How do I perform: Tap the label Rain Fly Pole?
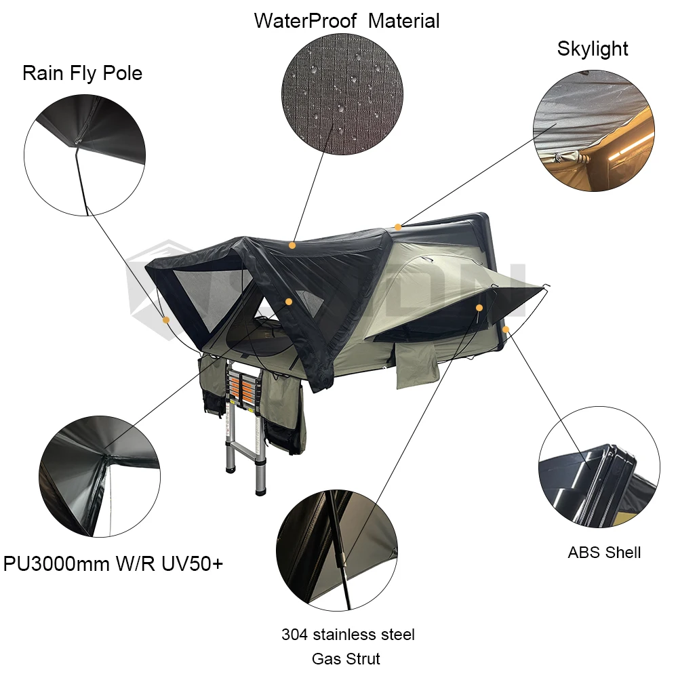(82, 73)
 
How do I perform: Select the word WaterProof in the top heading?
(305, 21)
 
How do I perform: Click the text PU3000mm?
(57, 563)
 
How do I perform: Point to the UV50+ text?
(193, 563)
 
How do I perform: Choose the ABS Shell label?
(604, 553)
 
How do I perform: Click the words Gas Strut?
(346, 659)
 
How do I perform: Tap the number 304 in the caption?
(294, 635)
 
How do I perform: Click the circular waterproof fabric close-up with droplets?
(342, 94)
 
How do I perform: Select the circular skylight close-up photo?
(594, 131)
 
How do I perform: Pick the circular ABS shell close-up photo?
(599, 467)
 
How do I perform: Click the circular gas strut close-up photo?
(337, 550)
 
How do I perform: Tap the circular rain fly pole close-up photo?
(85, 155)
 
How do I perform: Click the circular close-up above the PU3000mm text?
(100, 477)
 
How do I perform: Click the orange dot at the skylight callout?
(398, 227)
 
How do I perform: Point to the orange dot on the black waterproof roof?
(292, 245)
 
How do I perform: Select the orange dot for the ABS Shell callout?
(506, 330)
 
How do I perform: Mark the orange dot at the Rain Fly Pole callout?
(166, 320)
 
